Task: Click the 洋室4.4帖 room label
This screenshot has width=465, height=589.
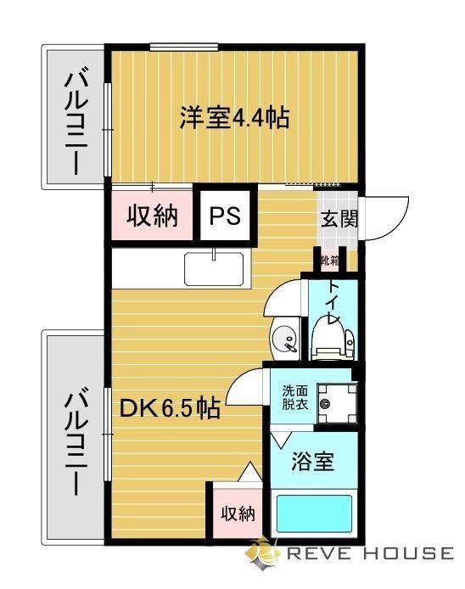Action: tap(233, 117)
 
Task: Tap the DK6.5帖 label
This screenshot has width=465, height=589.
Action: tap(170, 410)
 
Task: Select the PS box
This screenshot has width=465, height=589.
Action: tap(225, 216)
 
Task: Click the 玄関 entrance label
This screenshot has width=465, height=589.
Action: tap(339, 218)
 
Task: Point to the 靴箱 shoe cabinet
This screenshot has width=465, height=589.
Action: tap(330, 260)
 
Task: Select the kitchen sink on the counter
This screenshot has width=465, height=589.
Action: tap(216, 271)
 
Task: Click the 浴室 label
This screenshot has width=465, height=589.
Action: tap(312, 463)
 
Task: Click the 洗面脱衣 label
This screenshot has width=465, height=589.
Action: tap(295, 398)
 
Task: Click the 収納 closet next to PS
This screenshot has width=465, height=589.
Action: tap(153, 216)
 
